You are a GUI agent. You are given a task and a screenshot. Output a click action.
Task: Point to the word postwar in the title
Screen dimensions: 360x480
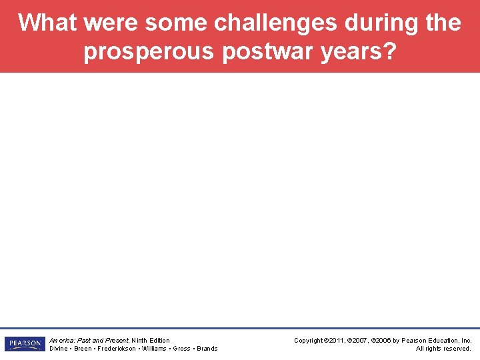(x=263, y=51)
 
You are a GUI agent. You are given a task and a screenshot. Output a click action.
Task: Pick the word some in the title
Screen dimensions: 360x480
(x=175, y=23)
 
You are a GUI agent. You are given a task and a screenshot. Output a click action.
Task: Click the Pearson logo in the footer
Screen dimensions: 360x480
(x=25, y=344)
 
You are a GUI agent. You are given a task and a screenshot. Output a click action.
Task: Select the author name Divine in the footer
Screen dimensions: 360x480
(x=59, y=349)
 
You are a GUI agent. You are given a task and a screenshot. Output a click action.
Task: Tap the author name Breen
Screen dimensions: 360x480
(x=83, y=349)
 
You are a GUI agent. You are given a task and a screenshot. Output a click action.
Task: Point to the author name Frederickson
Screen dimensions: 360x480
(x=118, y=349)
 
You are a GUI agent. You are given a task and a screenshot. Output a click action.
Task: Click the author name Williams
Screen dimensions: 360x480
(x=155, y=349)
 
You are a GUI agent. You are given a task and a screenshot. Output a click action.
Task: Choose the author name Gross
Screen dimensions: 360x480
(x=181, y=349)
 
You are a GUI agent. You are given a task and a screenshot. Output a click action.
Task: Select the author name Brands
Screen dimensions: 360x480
(x=207, y=349)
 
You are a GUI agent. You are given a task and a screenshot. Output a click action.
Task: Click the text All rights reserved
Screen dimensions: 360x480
(x=443, y=349)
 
